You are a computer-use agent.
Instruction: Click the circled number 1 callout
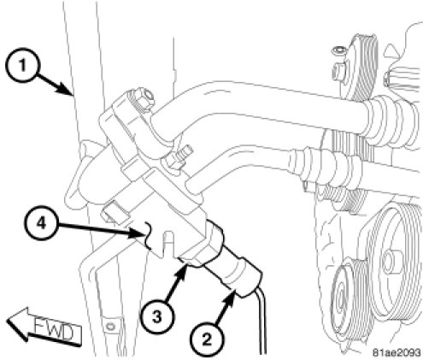[x=22, y=66]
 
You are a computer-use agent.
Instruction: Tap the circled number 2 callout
[x=207, y=339]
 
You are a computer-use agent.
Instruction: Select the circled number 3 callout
[x=157, y=317]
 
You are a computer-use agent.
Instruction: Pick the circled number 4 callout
[x=41, y=224]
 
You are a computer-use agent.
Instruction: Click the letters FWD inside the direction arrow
[x=55, y=331]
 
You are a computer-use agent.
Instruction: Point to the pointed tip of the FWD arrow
[x=8, y=320]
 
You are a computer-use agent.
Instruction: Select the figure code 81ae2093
[x=397, y=352]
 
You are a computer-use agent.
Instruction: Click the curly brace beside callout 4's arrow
[x=148, y=235]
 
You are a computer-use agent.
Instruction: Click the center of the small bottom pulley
[x=341, y=301]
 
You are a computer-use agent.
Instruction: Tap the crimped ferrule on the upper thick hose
[x=391, y=120]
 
